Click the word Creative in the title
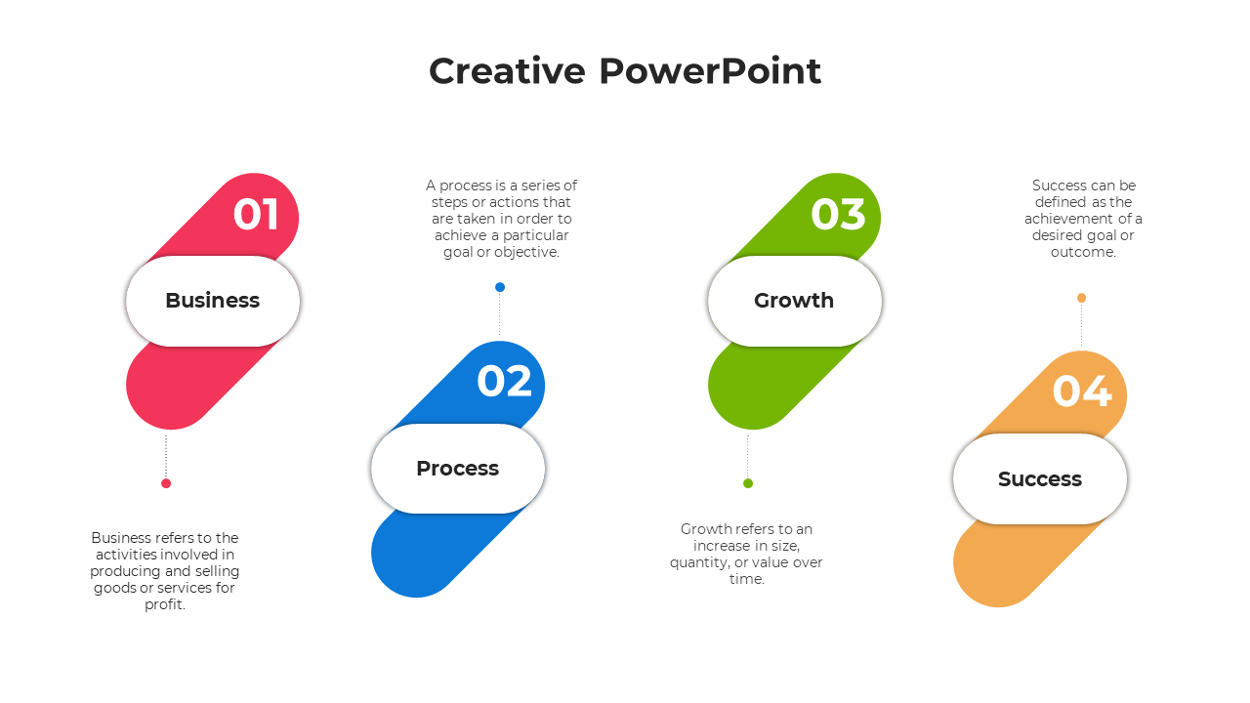507,71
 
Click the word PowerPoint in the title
710,71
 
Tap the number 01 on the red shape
256,214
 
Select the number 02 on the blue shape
505,382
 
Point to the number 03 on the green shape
838,214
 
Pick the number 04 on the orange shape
1082,392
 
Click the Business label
213,300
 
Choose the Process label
458,468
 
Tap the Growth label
794,300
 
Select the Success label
1040,478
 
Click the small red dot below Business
166,483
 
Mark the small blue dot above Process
500,287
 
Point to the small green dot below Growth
748,483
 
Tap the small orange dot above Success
1081,298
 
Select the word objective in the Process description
526,253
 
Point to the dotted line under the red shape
166,456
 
